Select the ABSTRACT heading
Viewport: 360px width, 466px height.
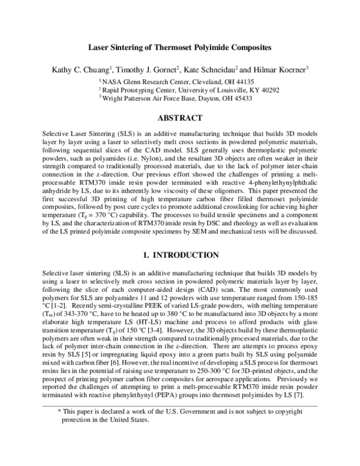click(179, 118)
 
